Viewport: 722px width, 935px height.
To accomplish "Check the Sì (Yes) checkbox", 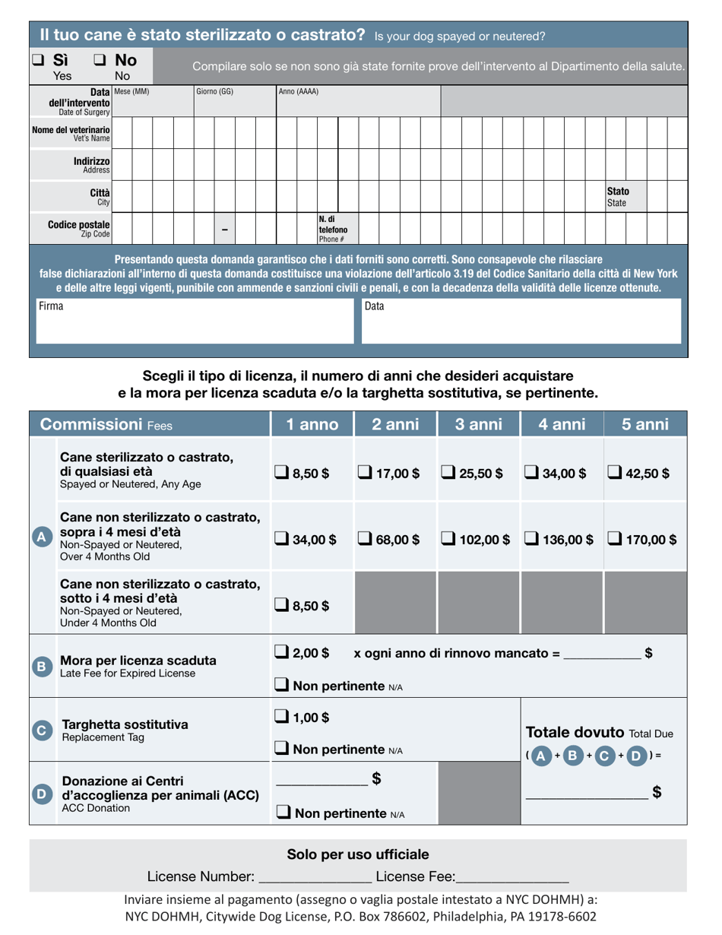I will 38,59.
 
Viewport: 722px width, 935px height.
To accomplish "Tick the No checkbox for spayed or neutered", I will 100,59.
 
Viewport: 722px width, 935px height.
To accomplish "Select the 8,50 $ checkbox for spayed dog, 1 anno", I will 281,474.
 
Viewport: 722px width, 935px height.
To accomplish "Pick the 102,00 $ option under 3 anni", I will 448,540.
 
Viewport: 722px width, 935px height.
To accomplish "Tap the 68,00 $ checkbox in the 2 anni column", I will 366,540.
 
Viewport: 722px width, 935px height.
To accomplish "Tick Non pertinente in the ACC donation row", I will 282,813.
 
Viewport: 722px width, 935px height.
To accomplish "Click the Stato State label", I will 617,198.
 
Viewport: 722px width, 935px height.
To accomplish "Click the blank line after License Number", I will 315,877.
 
